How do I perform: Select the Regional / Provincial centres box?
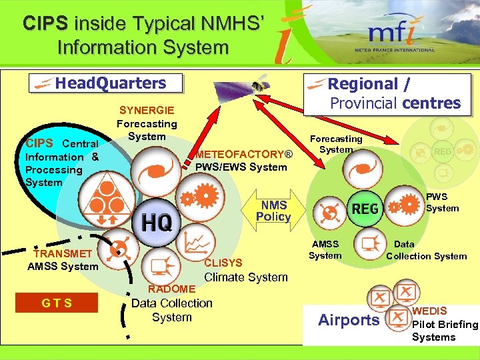pyautogui.click(x=387, y=93)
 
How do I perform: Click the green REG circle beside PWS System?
pyautogui.click(x=365, y=209)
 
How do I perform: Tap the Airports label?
pyautogui.click(x=349, y=320)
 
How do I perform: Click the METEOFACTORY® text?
pyautogui.click(x=244, y=155)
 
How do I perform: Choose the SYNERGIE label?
pyautogui.click(x=147, y=110)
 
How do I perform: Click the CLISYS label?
pyautogui.click(x=223, y=263)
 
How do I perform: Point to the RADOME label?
pyautogui.click(x=171, y=289)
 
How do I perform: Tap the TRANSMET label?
pyautogui.click(x=63, y=253)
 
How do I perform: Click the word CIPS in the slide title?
pyautogui.click(x=45, y=23)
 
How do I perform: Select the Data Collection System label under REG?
pyautogui.click(x=426, y=250)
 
